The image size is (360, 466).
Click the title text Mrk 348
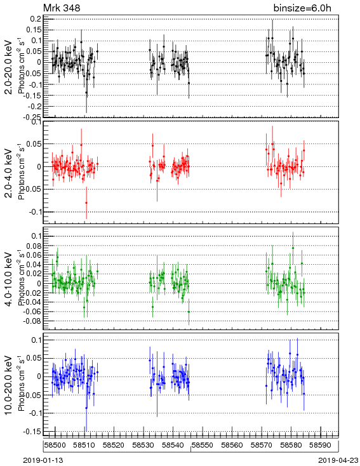(x=62, y=8)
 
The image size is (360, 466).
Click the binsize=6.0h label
(x=302, y=8)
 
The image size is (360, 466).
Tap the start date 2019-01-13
(x=43, y=460)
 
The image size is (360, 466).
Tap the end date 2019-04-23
(x=338, y=460)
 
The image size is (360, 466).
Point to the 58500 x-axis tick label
(x=55, y=445)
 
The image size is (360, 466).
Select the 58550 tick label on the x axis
(x=203, y=445)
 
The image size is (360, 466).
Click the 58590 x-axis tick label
(x=321, y=445)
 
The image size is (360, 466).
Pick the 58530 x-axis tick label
(x=143, y=445)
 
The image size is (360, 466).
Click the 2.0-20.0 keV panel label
(x=9, y=67)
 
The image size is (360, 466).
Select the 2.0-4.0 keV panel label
(x=9, y=173)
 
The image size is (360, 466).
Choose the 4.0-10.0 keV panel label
(x=9, y=279)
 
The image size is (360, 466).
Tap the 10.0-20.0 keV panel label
(x=9, y=385)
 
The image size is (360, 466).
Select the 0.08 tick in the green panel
(x=34, y=246)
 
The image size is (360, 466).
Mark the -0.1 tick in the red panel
(x=36, y=212)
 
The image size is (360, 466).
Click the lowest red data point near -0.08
(x=86, y=203)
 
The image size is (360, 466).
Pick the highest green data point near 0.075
(x=293, y=248)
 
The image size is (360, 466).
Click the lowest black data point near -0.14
(x=86, y=93)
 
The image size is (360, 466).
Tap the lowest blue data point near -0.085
(x=86, y=408)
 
